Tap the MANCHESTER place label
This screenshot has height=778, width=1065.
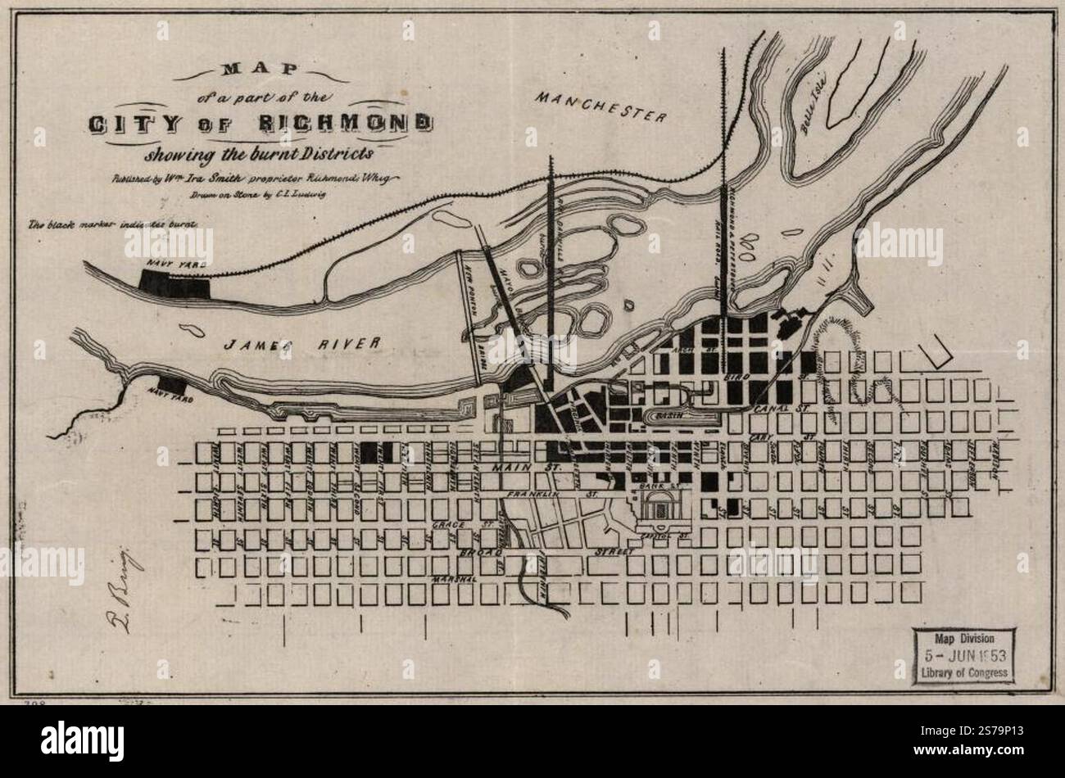pyautogui.click(x=600, y=107)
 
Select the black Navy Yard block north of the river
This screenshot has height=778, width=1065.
pyautogui.click(x=174, y=283)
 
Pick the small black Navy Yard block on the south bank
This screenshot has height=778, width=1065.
pyautogui.click(x=171, y=382)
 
